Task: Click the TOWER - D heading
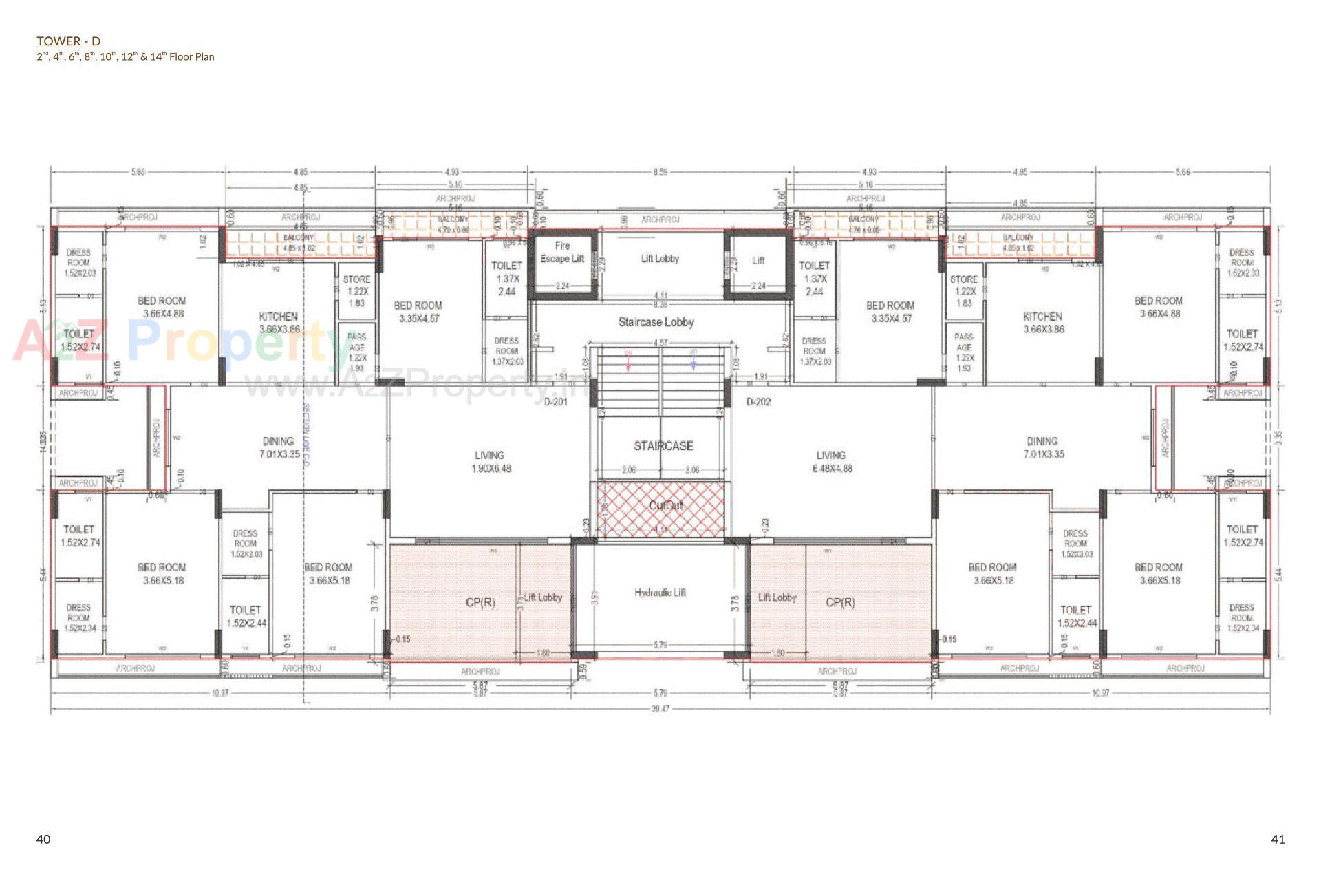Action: tap(68, 41)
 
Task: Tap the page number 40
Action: tap(43, 839)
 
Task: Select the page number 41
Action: tap(1278, 839)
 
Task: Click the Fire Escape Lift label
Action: tap(562, 252)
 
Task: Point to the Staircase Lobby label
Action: tap(656, 322)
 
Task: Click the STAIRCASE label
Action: tap(663, 446)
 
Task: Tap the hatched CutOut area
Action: tap(660, 509)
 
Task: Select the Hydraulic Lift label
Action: tap(660, 593)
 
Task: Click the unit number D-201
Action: tap(556, 402)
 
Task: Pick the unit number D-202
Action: tap(759, 402)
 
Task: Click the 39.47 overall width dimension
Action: tap(660, 708)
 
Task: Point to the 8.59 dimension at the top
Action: tap(660, 171)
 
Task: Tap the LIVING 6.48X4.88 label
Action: tap(832, 462)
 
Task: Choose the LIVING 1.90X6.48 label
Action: tap(490, 462)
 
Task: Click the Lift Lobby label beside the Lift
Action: tap(660, 259)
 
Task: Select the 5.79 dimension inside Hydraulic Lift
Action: tap(660, 645)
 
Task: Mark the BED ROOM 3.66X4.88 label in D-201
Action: tap(162, 307)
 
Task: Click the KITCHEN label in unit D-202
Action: tap(1043, 323)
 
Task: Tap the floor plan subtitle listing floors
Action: tap(125, 57)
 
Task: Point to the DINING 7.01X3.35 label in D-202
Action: tap(1042, 447)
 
